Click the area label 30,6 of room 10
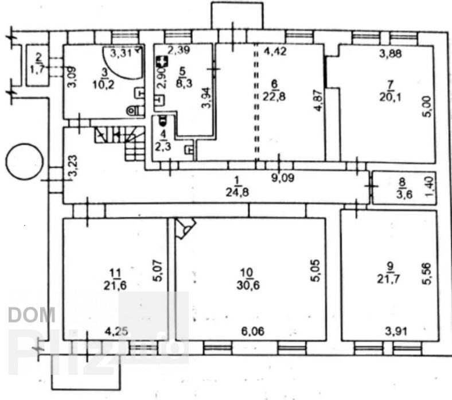248,285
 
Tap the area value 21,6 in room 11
115,285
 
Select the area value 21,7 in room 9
389,279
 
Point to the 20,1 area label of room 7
390,97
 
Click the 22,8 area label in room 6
274,96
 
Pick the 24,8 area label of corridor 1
237,192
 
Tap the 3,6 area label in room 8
404,194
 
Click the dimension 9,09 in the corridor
283,178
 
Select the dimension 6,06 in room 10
253,331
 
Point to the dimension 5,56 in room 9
427,273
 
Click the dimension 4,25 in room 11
116,331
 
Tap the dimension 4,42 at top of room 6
275,51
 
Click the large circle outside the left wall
25,162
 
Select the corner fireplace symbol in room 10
185,227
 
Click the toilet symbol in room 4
162,120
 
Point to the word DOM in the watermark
32,314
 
